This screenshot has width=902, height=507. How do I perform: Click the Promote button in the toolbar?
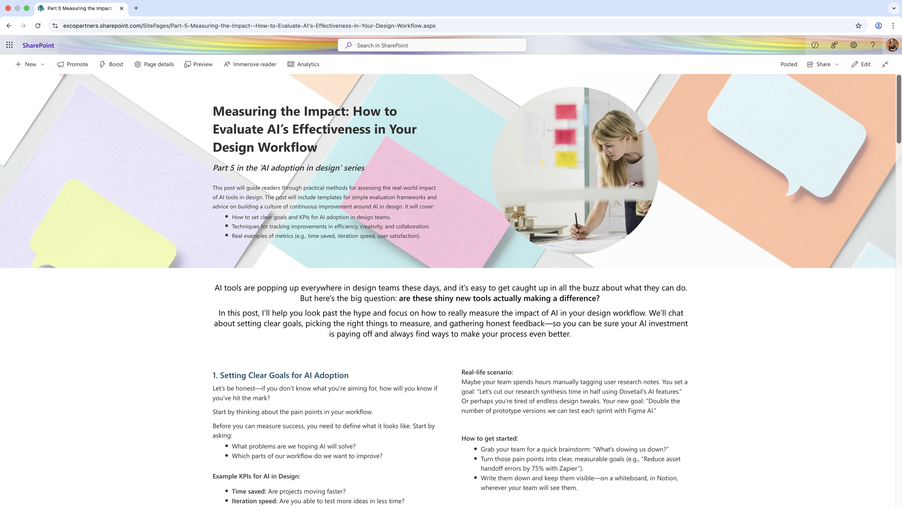[x=73, y=64]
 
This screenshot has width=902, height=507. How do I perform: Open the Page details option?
[x=154, y=64]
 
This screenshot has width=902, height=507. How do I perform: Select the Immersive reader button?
[x=250, y=64]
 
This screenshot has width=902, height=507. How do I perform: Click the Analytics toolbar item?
[x=303, y=64]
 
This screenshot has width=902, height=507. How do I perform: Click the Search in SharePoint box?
[x=432, y=45]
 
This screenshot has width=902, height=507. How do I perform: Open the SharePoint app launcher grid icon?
[x=9, y=45]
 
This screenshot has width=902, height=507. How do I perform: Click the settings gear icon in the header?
[x=853, y=45]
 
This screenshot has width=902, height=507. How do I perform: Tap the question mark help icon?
[x=872, y=45]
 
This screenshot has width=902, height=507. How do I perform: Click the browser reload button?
[x=38, y=26]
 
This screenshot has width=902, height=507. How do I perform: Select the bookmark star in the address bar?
[x=858, y=26]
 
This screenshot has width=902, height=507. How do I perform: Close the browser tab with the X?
[x=122, y=8]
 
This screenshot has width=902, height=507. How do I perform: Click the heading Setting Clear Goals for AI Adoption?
[x=280, y=375]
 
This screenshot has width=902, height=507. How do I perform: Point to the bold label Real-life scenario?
[x=487, y=372]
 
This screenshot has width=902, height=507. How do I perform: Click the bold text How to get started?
[x=490, y=438]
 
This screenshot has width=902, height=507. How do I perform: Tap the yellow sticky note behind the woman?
[x=566, y=159]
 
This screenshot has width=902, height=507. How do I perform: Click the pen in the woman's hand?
[x=577, y=224]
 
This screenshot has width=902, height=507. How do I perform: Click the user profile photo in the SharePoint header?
[x=892, y=45]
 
